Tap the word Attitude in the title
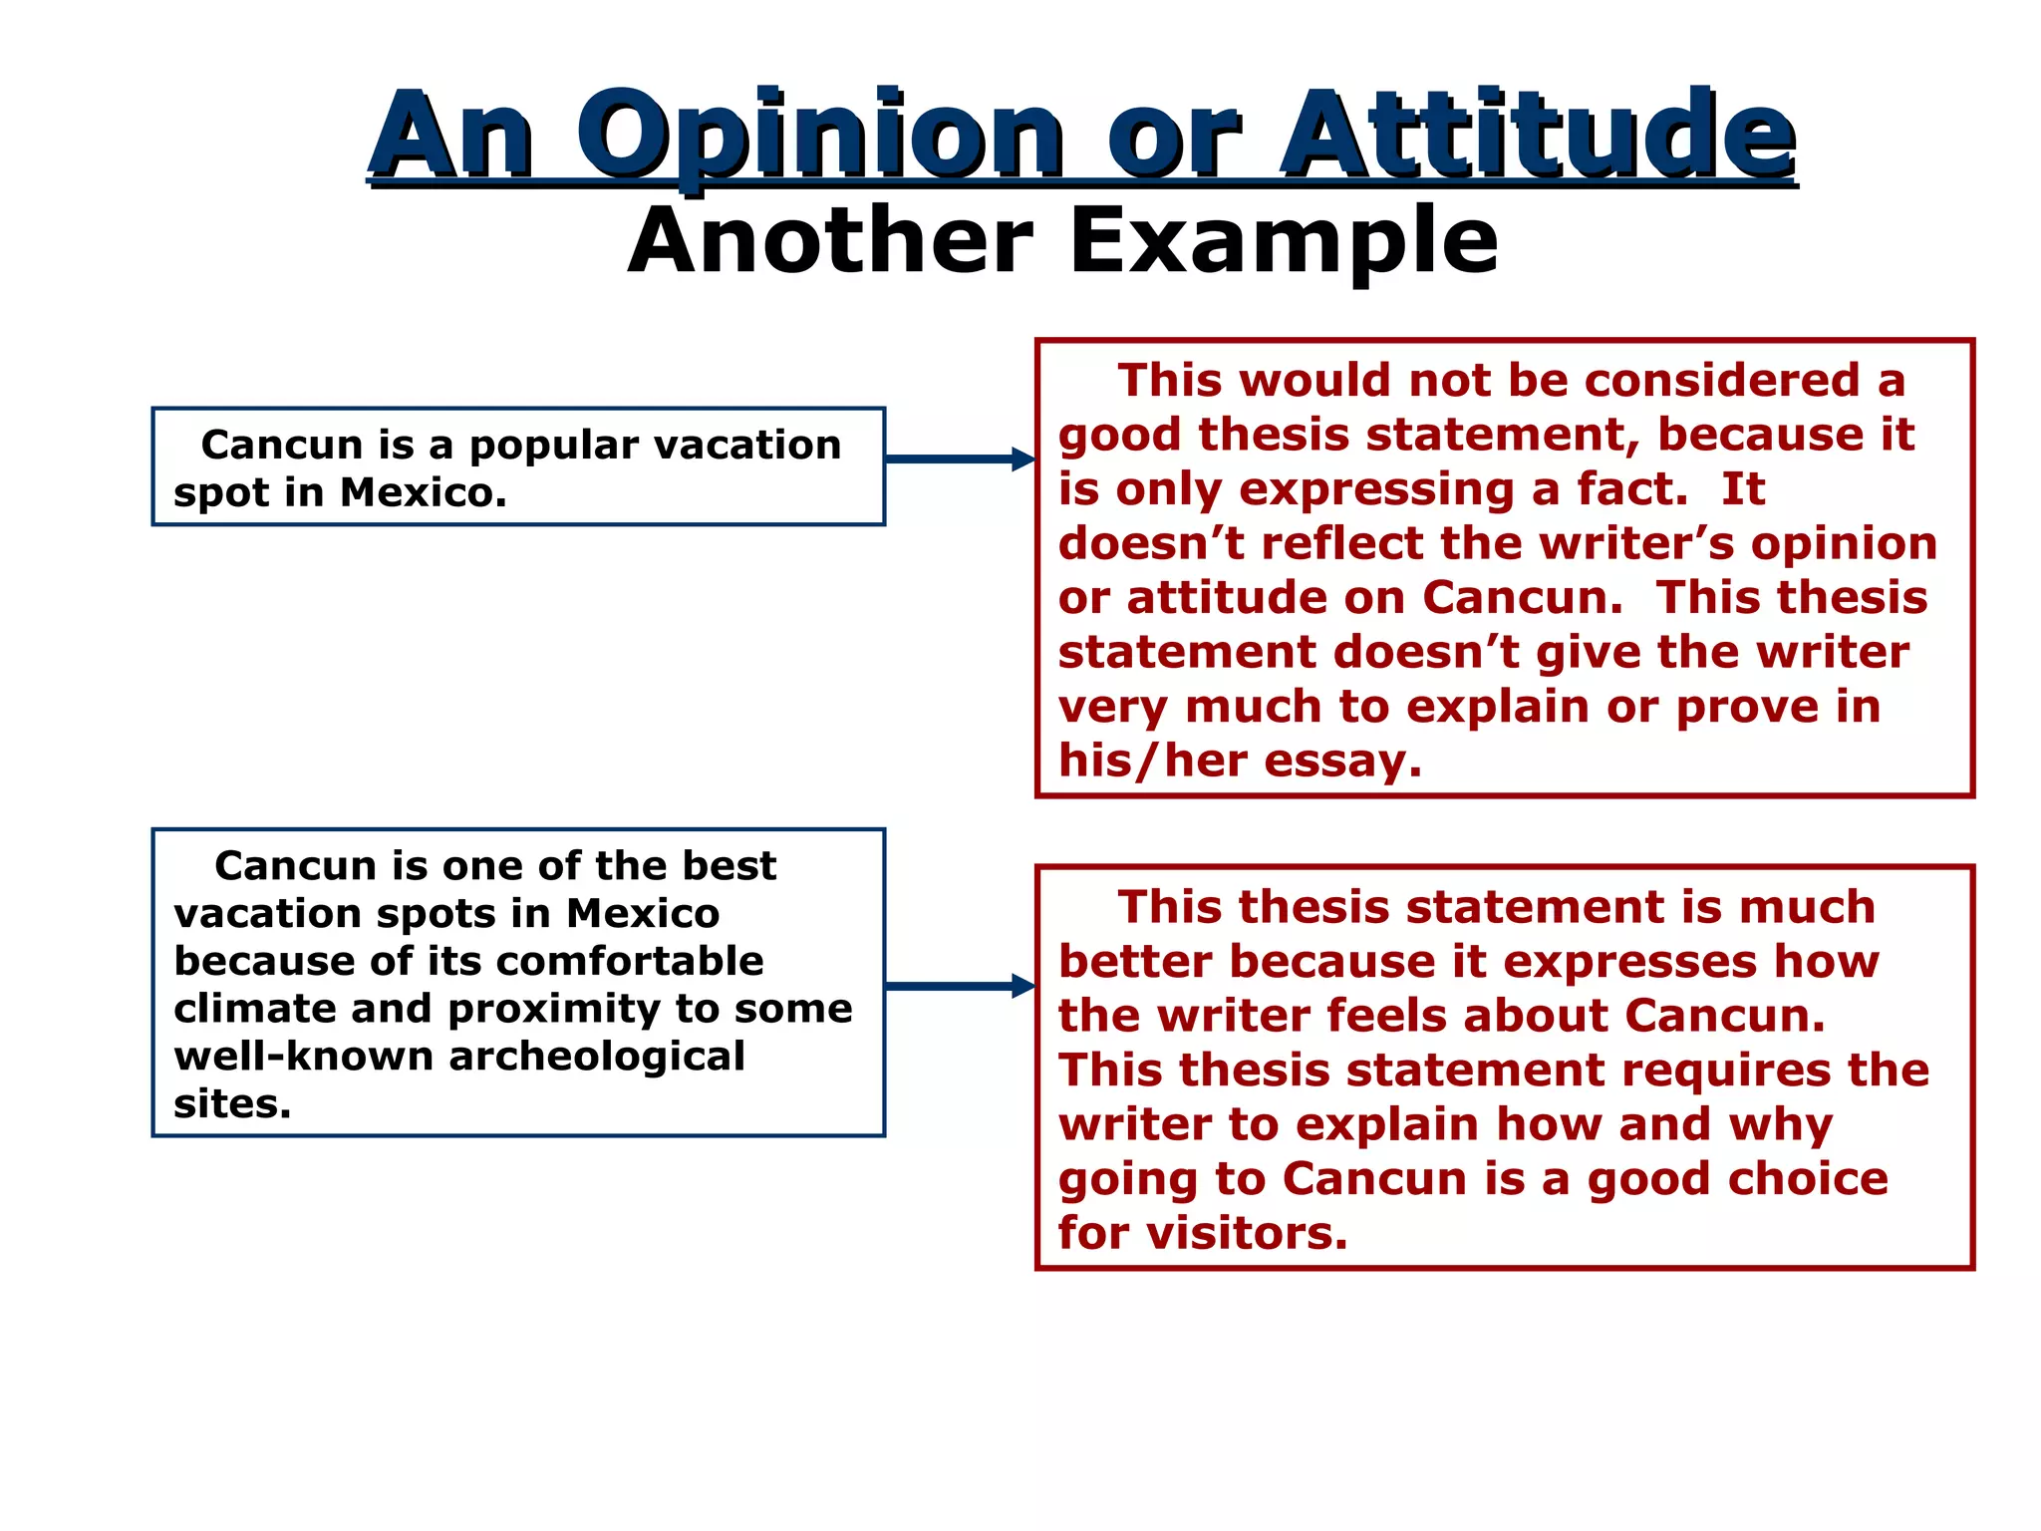tap(1538, 136)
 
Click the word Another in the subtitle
tap(830, 241)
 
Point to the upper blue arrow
tap(959, 459)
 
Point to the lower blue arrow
tap(959, 986)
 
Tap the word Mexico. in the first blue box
tap(424, 492)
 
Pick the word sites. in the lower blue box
tap(232, 1104)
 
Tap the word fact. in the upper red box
tap(1632, 489)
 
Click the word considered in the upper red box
tap(1721, 381)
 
